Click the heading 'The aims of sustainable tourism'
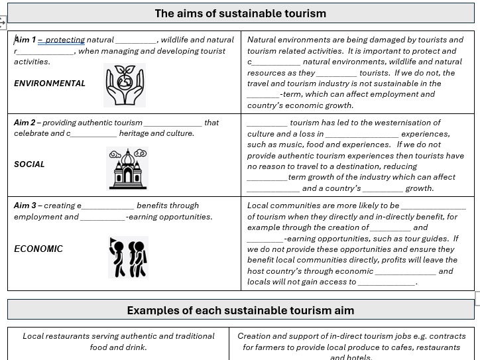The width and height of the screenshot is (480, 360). click(240, 13)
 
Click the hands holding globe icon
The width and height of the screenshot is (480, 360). click(125, 85)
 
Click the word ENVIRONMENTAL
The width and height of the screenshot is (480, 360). click(50, 84)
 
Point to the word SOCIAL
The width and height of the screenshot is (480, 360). click(29, 164)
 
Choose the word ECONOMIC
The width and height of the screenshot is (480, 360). click(38, 249)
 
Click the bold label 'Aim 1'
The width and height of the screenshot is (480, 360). click(25, 40)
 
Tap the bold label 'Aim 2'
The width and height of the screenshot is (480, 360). click(25, 123)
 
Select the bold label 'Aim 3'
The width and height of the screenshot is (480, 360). click(25, 206)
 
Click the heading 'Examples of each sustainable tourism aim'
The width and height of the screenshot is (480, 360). click(240, 310)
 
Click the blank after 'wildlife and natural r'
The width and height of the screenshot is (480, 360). click(46, 51)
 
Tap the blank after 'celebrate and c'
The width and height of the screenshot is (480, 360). click(93, 133)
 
